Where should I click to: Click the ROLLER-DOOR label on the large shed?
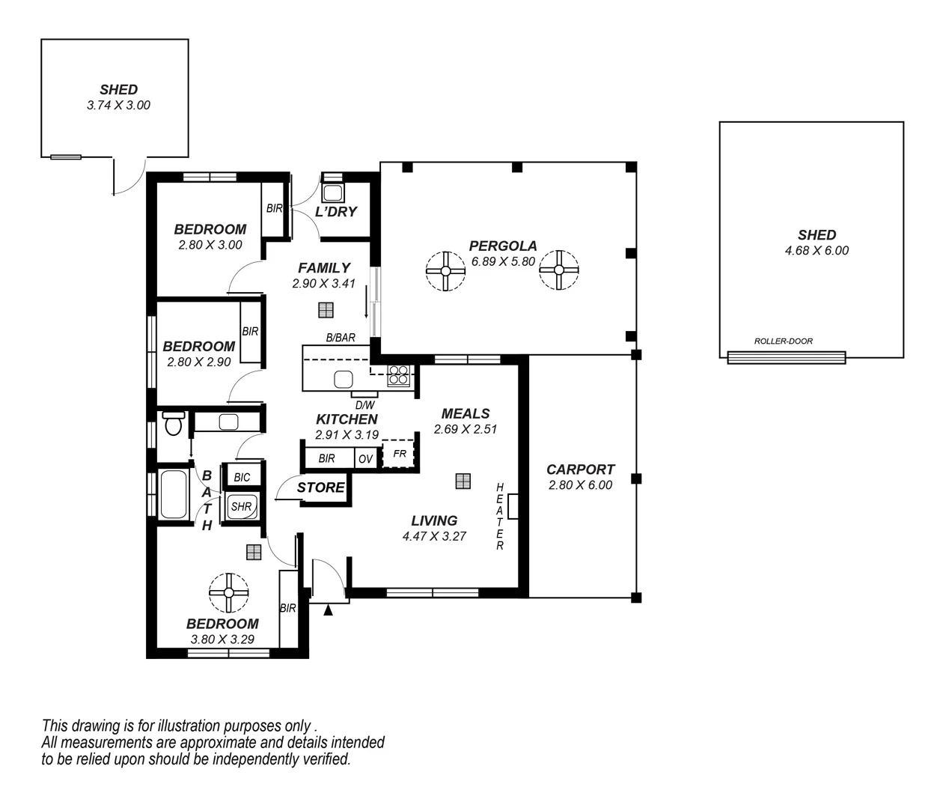click(783, 341)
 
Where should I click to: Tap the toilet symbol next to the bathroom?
click(173, 424)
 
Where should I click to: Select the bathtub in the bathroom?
click(174, 494)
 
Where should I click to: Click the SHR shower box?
click(242, 506)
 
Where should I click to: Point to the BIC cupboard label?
click(242, 477)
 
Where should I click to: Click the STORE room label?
click(321, 487)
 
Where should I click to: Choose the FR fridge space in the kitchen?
click(399, 454)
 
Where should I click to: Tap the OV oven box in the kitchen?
click(365, 459)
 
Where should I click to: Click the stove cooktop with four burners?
click(397, 374)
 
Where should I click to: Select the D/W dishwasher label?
click(364, 404)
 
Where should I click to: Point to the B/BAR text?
click(341, 338)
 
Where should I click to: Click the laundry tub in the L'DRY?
click(332, 192)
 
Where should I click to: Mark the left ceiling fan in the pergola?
click(445, 270)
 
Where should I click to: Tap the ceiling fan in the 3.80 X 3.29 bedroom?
click(228, 593)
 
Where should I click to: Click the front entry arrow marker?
click(328, 610)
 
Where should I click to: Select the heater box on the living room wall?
click(513, 506)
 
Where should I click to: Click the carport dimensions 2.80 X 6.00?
click(580, 485)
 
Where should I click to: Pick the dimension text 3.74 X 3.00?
click(118, 106)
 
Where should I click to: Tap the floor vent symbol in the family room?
click(325, 309)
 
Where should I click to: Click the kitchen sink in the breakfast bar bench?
click(344, 378)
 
